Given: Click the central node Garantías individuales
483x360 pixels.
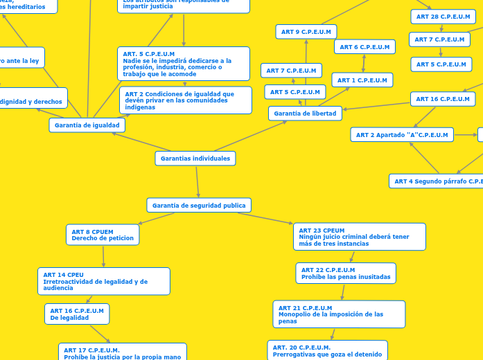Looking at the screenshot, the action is [x=195, y=159].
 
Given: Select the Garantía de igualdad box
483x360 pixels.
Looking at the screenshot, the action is [x=87, y=125].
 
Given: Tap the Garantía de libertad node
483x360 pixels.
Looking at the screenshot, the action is [x=305, y=114].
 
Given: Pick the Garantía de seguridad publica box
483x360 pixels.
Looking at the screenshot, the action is [x=199, y=206].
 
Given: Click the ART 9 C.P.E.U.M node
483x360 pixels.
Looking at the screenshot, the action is [x=306, y=32].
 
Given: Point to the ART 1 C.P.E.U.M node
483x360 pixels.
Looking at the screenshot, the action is [x=362, y=80].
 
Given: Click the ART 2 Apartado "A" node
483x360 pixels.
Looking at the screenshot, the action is [x=402, y=135].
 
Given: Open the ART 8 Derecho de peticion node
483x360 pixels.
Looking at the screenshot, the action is [x=103, y=235].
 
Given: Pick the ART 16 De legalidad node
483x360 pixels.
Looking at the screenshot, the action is [x=77, y=314].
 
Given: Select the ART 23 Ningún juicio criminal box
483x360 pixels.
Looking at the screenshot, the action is [x=360, y=237].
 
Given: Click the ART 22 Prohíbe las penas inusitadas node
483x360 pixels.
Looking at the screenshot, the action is [x=346, y=273].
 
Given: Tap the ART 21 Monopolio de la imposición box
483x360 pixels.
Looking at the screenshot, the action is [x=339, y=314].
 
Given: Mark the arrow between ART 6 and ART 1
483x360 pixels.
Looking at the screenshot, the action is [x=364, y=63].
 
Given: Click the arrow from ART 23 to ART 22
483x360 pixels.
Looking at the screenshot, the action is [x=353, y=256].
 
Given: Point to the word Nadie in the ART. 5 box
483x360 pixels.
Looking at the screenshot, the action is [x=132, y=61].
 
